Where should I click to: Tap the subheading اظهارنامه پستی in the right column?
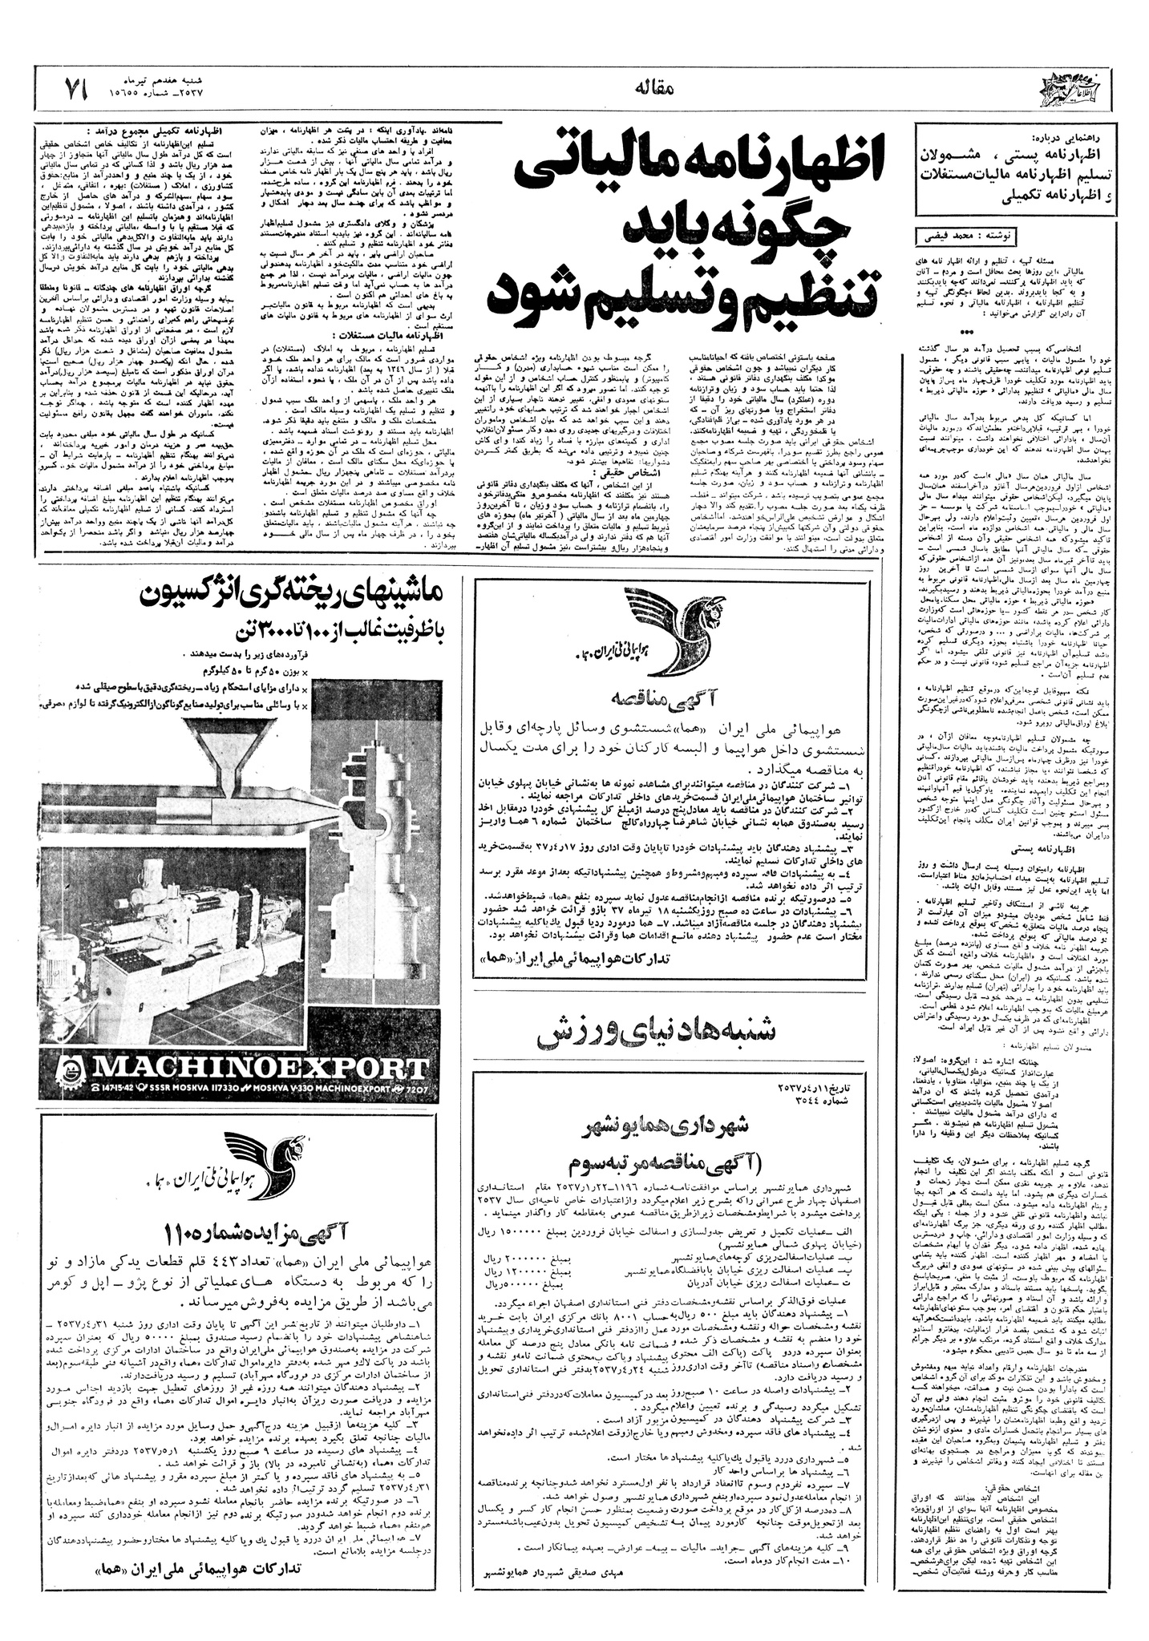point(1029,844)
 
